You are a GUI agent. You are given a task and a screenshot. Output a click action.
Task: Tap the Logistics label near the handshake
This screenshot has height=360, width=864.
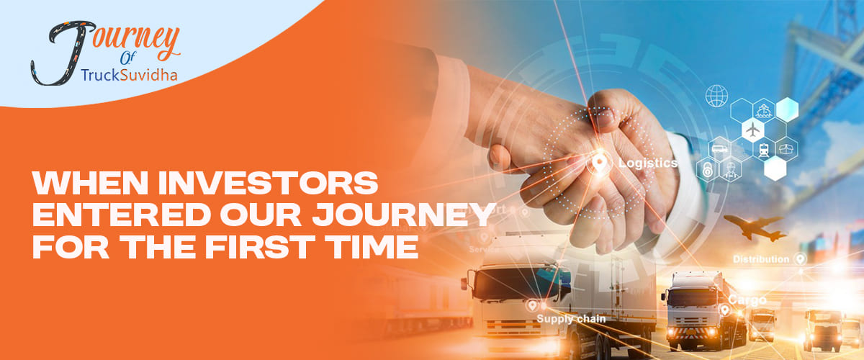pyautogui.click(x=647, y=163)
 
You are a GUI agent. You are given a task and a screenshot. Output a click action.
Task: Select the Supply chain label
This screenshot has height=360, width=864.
pyautogui.click(x=575, y=318)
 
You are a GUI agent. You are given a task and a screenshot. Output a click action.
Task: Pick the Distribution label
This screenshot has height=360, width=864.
pyautogui.click(x=761, y=258)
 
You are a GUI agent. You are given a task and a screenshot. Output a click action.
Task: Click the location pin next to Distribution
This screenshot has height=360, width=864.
pyautogui.click(x=799, y=258)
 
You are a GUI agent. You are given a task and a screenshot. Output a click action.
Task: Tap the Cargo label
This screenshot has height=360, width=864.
pyautogui.click(x=746, y=299)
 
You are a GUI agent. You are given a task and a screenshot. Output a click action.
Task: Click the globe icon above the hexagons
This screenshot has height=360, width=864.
pyautogui.click(x=717, y=95)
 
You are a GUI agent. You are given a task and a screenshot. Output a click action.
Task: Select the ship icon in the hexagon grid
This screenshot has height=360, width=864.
pyautogui.click(x=763, y=110)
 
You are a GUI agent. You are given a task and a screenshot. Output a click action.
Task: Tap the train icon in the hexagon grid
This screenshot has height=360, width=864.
pyautogui.click(x=763, y=149)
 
